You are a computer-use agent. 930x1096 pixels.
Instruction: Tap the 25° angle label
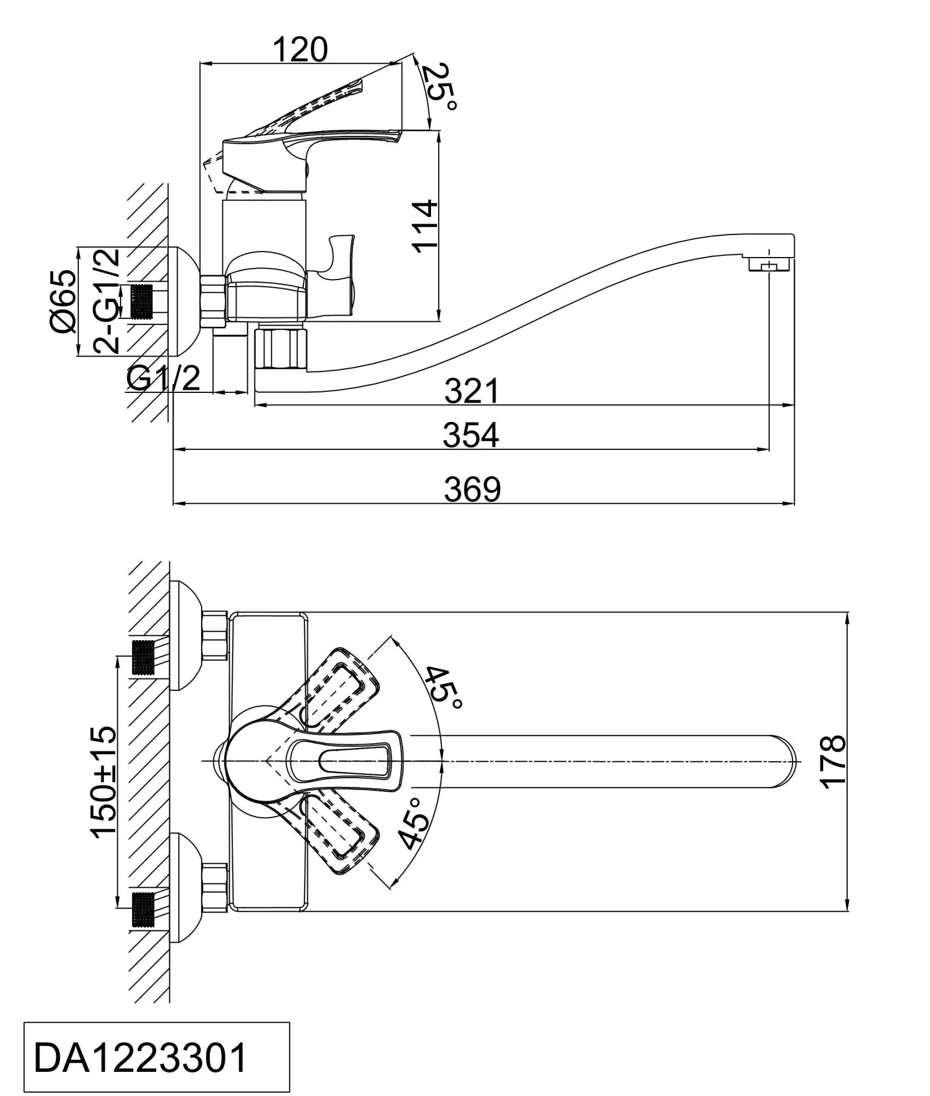pos(439,88)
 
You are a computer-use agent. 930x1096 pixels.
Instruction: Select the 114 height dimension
pos(426,226)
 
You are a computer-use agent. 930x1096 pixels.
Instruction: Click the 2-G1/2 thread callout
pos(106,301)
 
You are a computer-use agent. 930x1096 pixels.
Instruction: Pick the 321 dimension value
pos(472,390)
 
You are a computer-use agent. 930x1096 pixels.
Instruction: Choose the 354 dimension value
pos(472,435)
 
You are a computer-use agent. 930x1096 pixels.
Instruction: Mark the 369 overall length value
pos(472,489)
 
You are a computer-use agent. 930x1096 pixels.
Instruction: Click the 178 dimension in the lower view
pos(834,762)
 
